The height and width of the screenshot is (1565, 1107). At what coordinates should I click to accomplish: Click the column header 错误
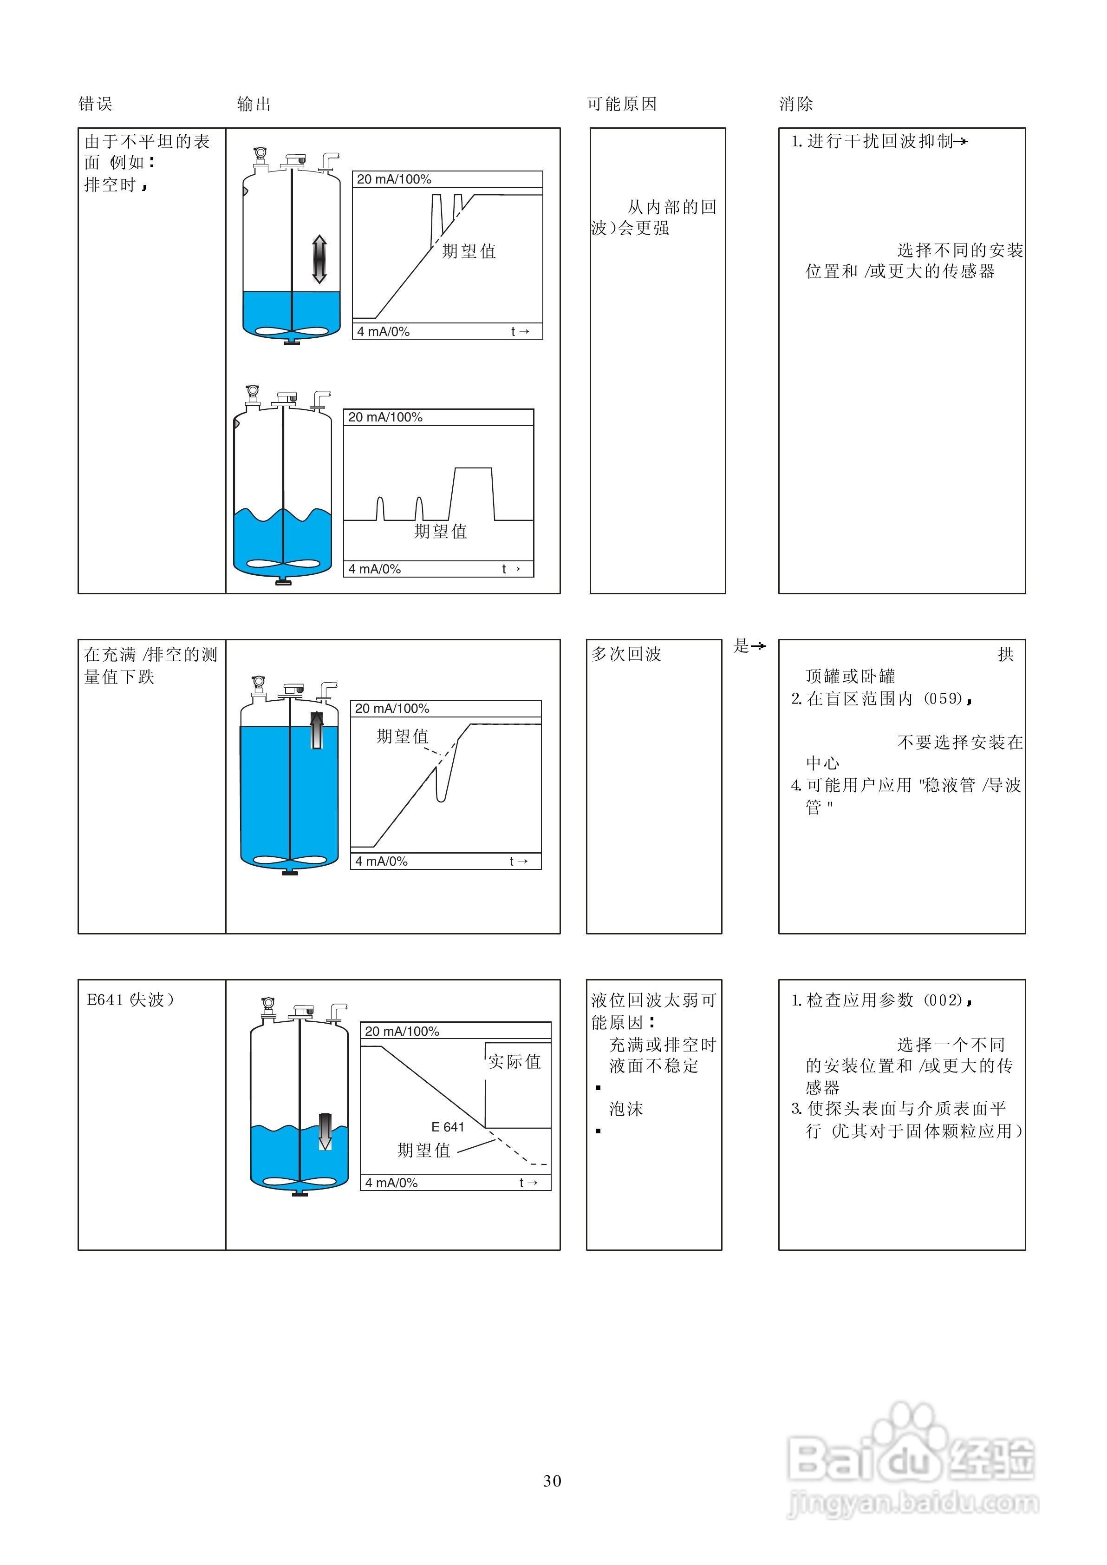pos(96,105)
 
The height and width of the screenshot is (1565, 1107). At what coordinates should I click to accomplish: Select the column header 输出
pos(254,105)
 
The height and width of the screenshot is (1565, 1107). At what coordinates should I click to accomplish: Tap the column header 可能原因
pos(622,105)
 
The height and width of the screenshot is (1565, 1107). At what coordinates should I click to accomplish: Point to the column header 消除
pos(796,105)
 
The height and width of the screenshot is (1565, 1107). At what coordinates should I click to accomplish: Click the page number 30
pos(552,1480)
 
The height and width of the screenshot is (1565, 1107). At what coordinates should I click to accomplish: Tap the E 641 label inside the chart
pos(447,1127)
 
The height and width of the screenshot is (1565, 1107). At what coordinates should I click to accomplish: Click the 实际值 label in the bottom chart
pos(514,1062)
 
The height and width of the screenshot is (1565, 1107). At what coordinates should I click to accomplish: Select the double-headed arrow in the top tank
pos(319,259)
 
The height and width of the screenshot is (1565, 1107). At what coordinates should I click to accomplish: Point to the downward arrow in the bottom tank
pos(325,1131)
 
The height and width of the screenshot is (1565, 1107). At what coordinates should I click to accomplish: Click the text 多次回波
pos(626,654)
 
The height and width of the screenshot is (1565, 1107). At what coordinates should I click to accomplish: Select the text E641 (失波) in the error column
pos(130,999)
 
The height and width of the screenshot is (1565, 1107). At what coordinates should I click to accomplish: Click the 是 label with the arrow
pos(749,646)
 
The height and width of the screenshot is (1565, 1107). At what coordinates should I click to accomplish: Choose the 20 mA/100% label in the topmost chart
pos(394,179)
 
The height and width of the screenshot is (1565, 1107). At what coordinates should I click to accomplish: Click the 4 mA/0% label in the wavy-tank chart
pos(374,569)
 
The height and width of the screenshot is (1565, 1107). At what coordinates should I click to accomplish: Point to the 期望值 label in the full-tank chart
pos(402,736)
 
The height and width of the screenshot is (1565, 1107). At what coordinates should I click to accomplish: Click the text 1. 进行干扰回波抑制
pos(879,141)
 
